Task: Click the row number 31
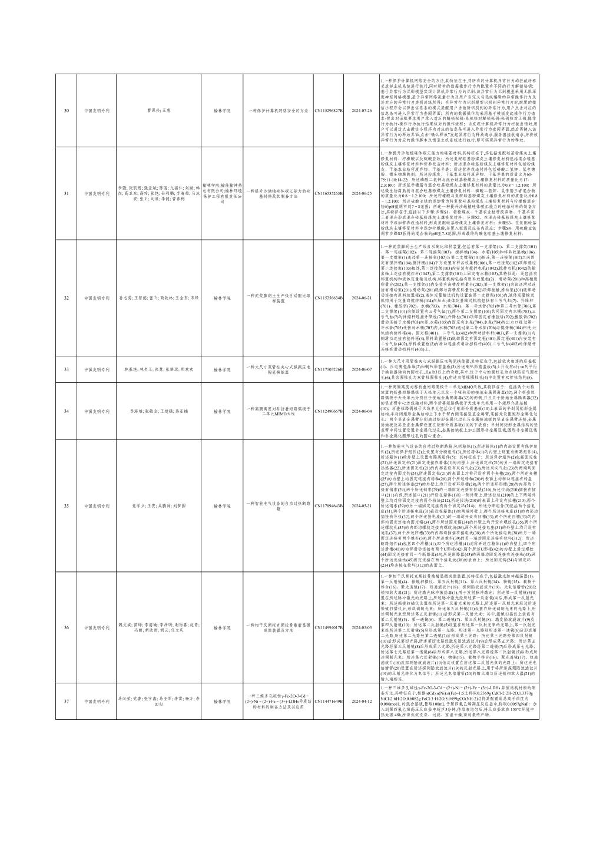(66, 193)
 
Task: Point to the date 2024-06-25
(362, 193)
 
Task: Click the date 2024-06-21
(362, 298)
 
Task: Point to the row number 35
(66, 505)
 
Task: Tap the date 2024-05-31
(362, 505)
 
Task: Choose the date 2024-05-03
(362, 627)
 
